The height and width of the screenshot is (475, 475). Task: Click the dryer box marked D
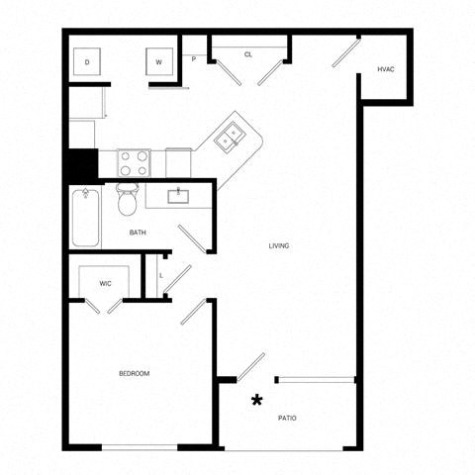(87, 62)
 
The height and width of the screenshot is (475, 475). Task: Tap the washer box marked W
(158, 62)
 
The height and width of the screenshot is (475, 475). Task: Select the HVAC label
(386, 69)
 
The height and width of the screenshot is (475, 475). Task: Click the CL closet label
(248, 54)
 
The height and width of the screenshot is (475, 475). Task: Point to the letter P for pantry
(194, 59)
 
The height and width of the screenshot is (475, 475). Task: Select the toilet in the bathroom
(127, 201)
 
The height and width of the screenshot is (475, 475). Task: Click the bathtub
(85, 218)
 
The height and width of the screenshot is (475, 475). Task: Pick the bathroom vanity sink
(179, 194)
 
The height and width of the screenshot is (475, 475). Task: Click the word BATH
(139, 233)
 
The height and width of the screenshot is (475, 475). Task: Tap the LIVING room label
(279, 245)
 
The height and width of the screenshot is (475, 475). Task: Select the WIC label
(106, 284)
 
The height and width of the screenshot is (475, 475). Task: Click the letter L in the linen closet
(161, 274)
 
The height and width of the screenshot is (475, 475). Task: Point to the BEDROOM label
(134, 373)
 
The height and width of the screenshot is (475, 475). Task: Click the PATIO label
(286, 419)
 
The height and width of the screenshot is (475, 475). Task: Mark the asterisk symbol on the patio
(257, 400)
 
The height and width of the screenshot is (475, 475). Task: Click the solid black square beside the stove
(81, 164)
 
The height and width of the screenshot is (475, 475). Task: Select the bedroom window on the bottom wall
(139, 447)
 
